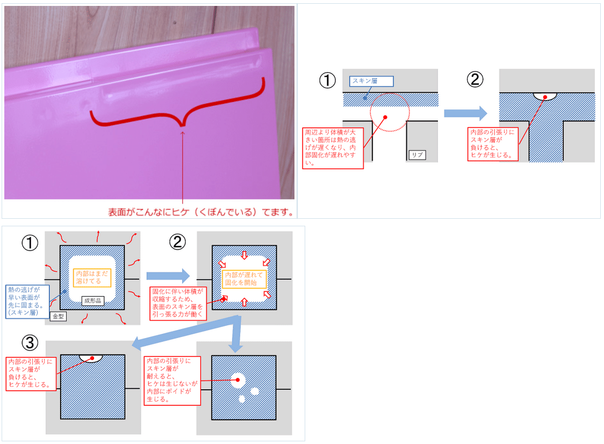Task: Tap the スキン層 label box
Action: point(371,81)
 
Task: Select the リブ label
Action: point(416,155)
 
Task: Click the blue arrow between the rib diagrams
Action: point(465,113)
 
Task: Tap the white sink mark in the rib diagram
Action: point(545,96)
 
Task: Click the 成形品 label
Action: point(92,301)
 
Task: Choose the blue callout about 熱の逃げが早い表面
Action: point(27,301)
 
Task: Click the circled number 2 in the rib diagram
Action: point(475,80)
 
